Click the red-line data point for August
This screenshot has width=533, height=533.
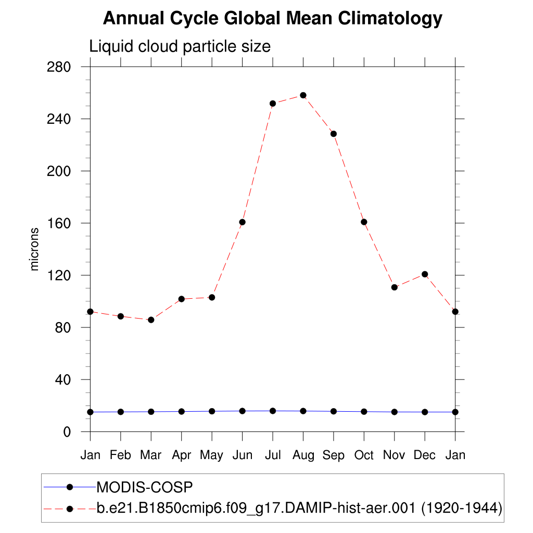[303, 95]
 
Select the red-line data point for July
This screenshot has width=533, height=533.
[273, 104]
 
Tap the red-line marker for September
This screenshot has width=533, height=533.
[334, 134]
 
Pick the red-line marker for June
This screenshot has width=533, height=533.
[242, 222]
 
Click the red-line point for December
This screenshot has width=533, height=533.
[425, 274]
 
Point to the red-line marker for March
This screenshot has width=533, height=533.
[151, 320]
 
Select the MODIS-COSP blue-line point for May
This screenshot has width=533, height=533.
[212, 411]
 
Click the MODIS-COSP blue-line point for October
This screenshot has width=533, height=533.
[364, 412]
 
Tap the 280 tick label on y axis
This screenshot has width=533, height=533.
[59, 67]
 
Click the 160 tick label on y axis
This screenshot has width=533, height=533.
[59, 223]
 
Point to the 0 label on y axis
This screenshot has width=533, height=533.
[67, 432]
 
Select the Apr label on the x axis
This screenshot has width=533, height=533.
[182, 455]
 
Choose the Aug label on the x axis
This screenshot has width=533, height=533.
[303, 456]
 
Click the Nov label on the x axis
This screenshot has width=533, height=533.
[394, 455]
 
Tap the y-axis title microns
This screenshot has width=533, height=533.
[35, 249]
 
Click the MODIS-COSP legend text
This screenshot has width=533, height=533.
[145, 487]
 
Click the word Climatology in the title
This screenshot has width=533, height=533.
[390, 19]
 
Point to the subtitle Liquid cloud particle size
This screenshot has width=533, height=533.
[180, 46]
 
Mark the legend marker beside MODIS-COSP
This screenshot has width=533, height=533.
[69, 487]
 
